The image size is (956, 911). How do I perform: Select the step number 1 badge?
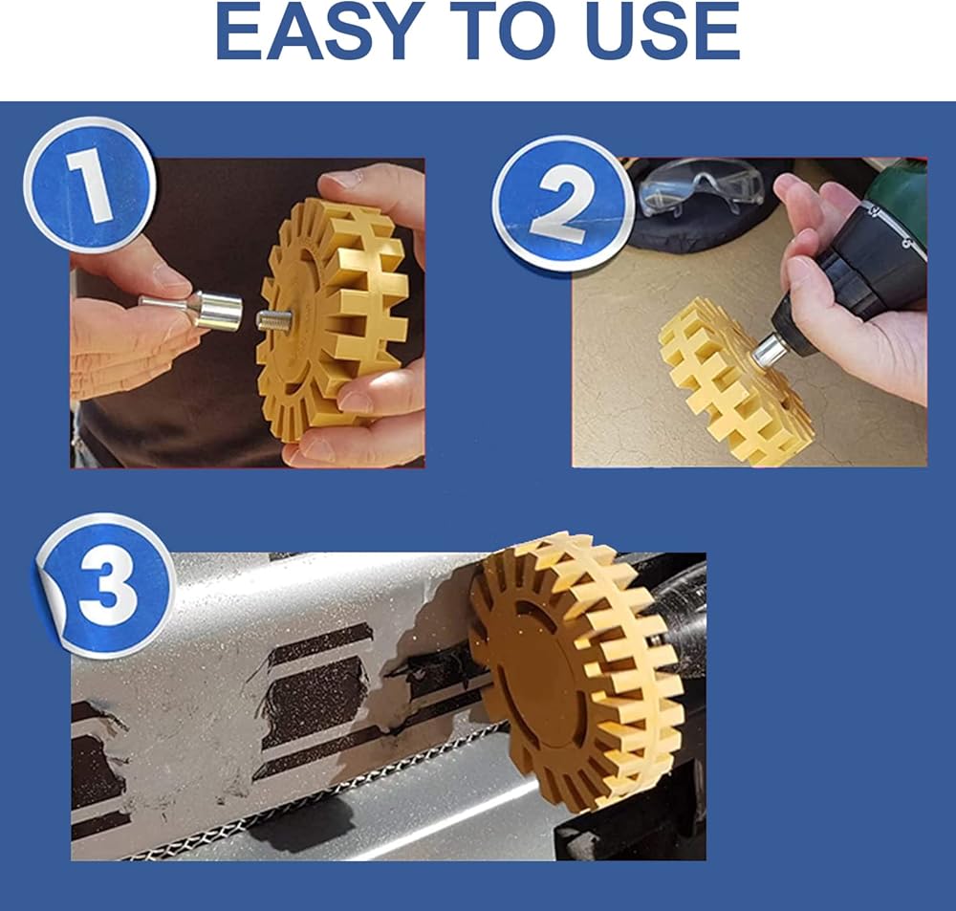[x=89, y=184]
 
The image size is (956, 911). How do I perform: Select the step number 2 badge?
[x=561, y=204]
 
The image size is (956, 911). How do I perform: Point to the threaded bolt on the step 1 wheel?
[x=273, y=320]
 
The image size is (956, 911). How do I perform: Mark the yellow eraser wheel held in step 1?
[x=334, y=315]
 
